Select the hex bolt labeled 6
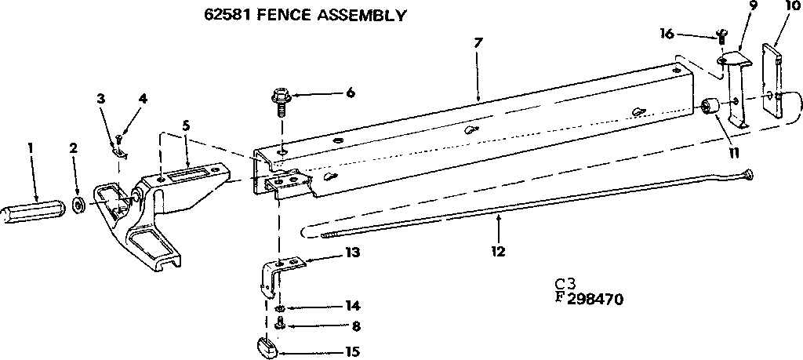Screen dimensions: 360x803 click(x=280, y=99)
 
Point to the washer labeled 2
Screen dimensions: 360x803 click(x=79, y=206)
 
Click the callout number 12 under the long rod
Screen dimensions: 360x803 click(x=498, y=252)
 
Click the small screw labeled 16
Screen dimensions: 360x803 click(x=721, y=36)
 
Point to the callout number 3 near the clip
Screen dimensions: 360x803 click(x=100, y=98)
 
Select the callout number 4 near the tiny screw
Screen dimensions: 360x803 click(x=143, y=98)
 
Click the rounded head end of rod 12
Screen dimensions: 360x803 click(x=748, y=174)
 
